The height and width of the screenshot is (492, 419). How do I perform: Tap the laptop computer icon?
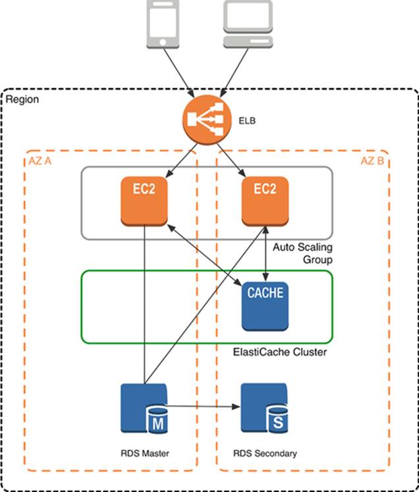pos(248,25)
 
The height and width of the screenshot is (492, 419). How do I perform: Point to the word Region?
pos(23,99)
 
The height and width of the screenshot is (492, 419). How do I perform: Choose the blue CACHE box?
pos(265,305)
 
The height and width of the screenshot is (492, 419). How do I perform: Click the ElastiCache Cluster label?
pos(280,352)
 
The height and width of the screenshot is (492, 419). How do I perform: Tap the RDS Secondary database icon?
pos(264,408)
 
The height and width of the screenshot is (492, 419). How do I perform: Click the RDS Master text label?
pos(144,453)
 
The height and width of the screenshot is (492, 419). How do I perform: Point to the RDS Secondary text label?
pos(265,453)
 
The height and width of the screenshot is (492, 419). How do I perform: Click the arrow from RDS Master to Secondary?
pos(201,406)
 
